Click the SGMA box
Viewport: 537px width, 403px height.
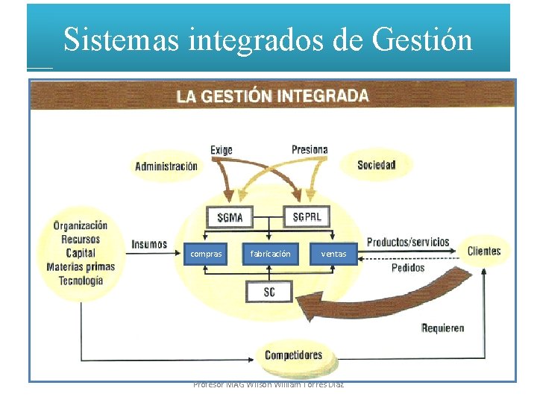[x=229, y=218]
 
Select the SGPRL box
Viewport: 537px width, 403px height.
[x=307, y=216]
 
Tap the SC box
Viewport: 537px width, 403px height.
[x=269, y=292]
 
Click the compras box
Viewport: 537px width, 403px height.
[x=206, y=254]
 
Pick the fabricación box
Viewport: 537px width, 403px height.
[x=271, y=254]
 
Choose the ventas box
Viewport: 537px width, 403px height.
[x=333, y=254]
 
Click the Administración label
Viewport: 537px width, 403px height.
[x=166, y=166]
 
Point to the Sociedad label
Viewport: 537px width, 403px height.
[x=376, y=165]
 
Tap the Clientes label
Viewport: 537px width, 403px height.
[x=484, y=251]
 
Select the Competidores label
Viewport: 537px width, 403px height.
[x=293, y=355]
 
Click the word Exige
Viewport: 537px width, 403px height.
[x=221, y=150]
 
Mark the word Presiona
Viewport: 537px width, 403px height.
[x=310, y=149]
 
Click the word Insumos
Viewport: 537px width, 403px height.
[x=149, y=244]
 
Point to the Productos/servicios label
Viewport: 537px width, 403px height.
[x=408, y=242]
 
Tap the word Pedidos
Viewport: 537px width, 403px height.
[x=407, y=267]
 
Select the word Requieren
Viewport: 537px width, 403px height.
[x=442, y=328]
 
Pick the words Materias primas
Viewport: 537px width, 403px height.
[x=81, y=266]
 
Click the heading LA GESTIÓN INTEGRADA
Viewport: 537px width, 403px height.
[x=272, y=96]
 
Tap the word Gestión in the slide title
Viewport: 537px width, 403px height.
[x=422, y=39]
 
